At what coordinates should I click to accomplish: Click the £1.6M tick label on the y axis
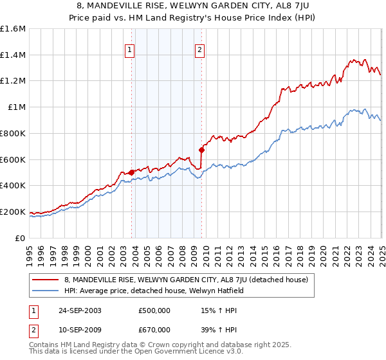coord(14,29)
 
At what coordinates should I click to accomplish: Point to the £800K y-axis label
coord(14,133)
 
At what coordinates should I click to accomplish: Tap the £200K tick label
coord(14,212)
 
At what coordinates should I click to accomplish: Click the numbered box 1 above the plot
coord(130,50)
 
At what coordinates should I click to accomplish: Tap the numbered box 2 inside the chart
coord(200,50)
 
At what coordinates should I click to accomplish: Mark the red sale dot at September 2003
coord(132,172)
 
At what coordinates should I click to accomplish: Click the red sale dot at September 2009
coord(202,150)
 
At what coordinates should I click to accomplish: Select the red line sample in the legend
coord(46,280)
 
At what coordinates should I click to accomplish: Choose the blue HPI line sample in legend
coord(46,291)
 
